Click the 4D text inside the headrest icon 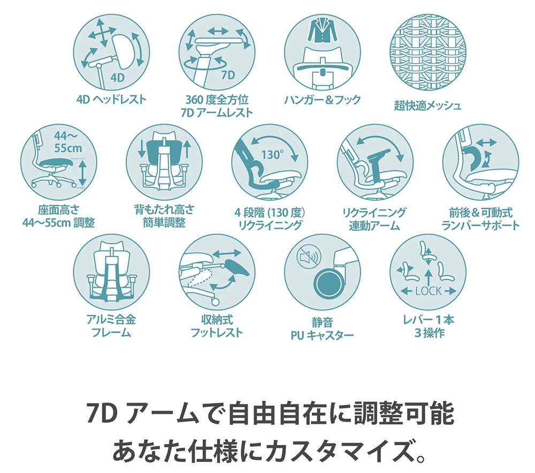click(x=117, y=79)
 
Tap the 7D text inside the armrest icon click(x=227, y=75)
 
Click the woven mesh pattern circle click(x=428, y=52)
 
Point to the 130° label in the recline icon click(x=272, y=155)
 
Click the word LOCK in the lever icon click(x=428, y=291)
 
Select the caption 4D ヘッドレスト click(x=111, y=100)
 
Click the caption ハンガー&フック click(x=323, y=100)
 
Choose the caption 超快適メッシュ click(x=427, y=105)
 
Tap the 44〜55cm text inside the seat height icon click(x=67, y=143)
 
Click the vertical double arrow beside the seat click(x=82, y=174)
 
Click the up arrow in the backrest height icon click(x=187, y=149)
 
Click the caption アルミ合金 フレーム click(x=111, y=326)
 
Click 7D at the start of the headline click(x=103, y=413)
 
